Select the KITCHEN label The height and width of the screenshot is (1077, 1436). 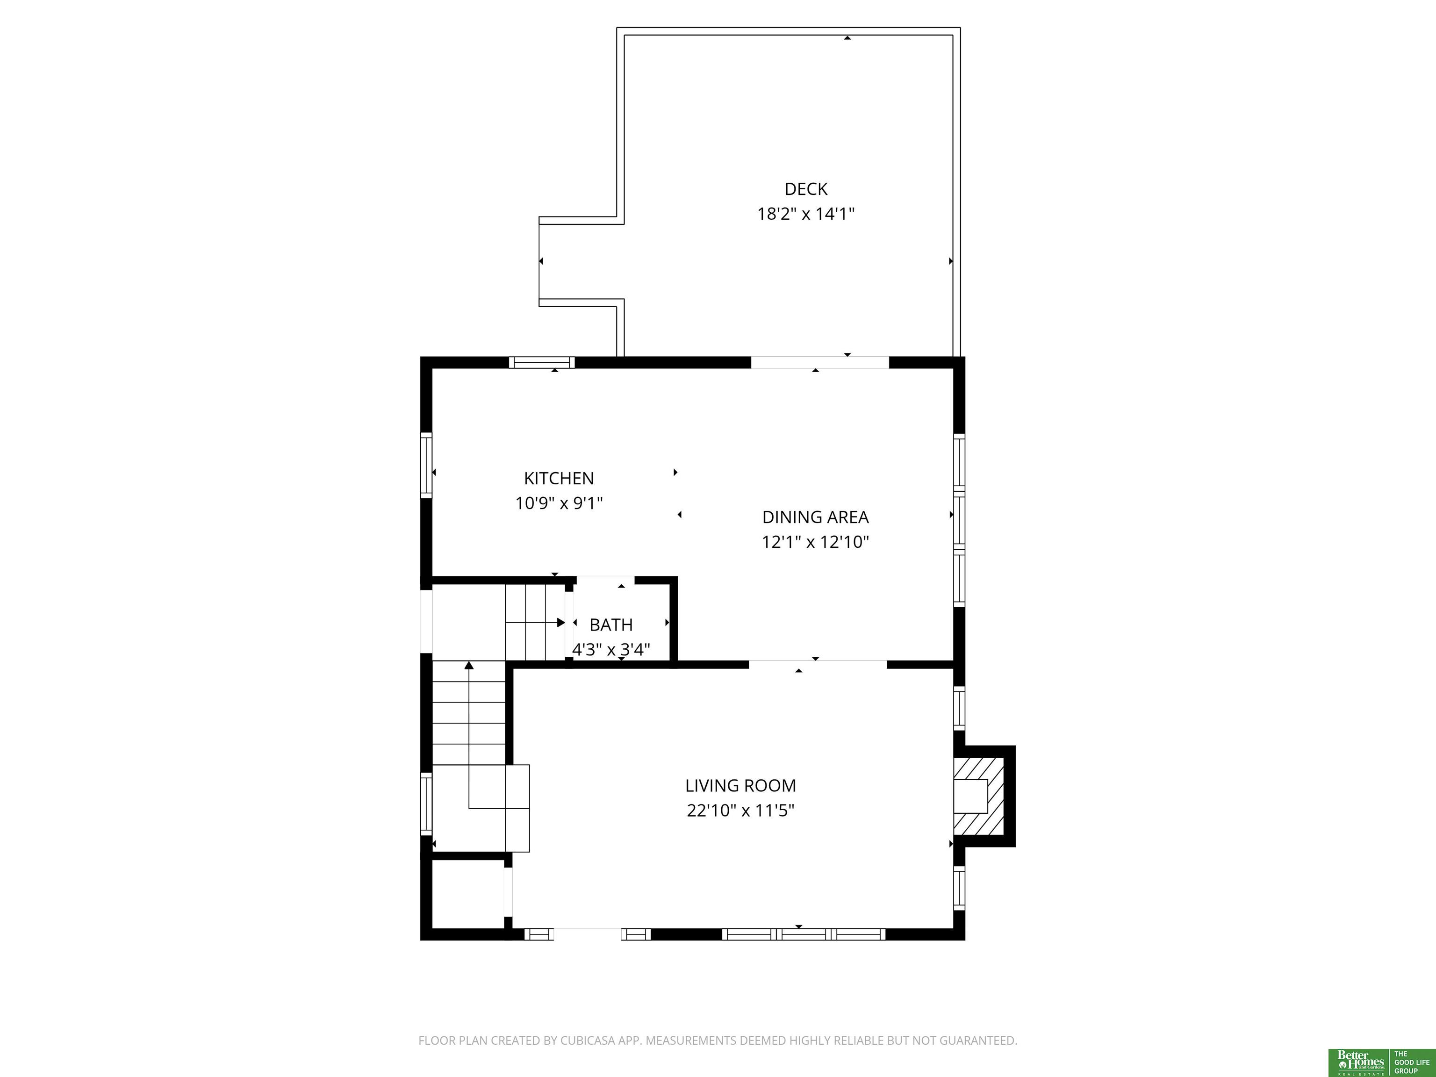tap(559, 479)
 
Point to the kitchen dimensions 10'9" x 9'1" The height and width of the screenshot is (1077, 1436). tap(559, 503)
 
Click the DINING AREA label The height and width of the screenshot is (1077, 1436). tap(815, 517)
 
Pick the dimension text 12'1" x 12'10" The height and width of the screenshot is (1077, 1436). tap(815, 542)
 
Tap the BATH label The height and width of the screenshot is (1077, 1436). tap(611, 625)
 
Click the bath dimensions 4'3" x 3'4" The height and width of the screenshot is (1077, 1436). tap(611, 649)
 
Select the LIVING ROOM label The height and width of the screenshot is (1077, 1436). tap(741, 785)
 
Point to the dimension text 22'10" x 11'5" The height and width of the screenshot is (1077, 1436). tap(741, 810)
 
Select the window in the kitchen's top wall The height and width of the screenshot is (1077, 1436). tap(541, 362)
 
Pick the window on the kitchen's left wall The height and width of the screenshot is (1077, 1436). tap(426, 465)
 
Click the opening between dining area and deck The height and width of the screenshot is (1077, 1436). tap(820, 362)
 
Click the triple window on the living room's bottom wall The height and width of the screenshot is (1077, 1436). tap(804, 934)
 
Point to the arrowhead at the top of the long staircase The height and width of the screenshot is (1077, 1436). tap(469, 666)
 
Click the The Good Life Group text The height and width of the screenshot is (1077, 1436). tap(1412, 1063)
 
